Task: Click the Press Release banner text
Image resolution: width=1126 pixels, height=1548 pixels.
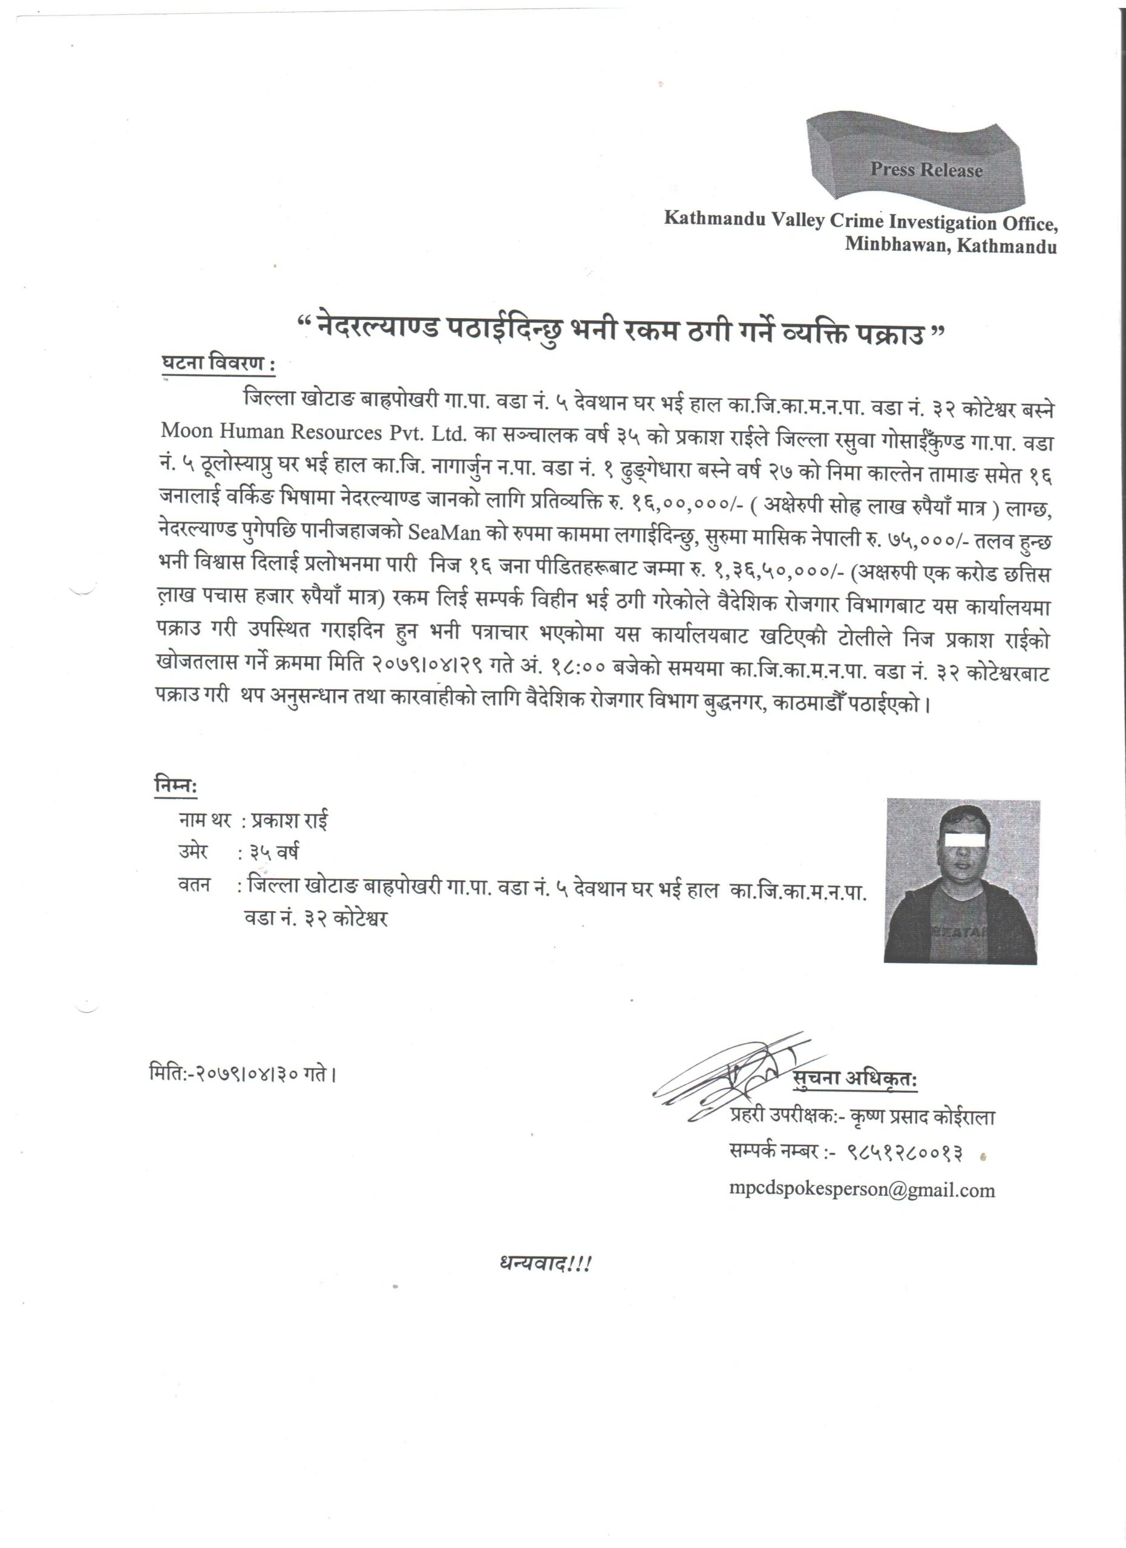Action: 925,170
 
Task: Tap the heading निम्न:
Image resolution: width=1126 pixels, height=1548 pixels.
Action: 175,787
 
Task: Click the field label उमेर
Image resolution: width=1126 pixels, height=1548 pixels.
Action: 192,852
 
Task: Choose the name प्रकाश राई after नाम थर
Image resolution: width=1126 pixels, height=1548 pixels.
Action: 289,821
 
